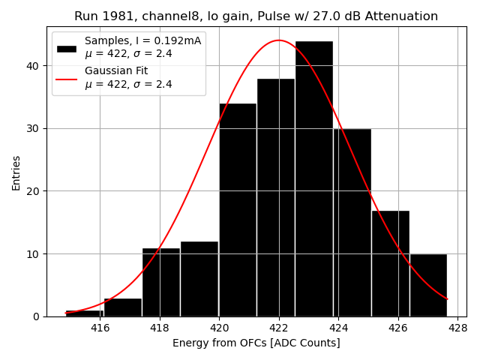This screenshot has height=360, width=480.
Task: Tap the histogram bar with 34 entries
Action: point(237,210)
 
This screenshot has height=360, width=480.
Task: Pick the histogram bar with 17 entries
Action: point(390,263)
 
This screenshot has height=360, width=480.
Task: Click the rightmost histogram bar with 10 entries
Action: point(428,285)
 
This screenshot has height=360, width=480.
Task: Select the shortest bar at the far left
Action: point(84,313)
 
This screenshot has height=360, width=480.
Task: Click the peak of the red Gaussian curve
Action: point(279,40)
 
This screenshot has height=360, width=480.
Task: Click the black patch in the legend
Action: point(66,48)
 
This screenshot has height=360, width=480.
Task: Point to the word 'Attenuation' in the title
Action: point(403,16)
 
